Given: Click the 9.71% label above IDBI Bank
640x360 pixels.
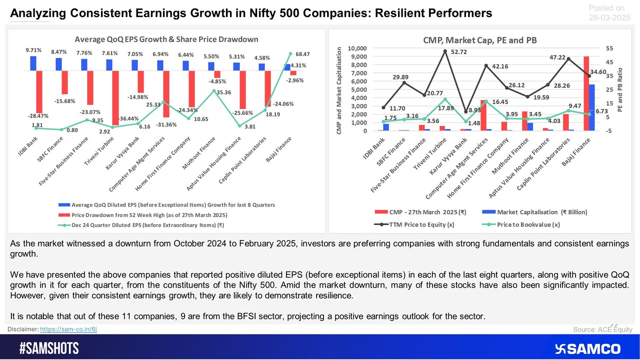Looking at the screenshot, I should point(33,50).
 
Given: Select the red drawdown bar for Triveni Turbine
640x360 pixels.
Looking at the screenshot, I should point(115,97).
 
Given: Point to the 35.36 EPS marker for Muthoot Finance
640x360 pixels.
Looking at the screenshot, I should point(214,91).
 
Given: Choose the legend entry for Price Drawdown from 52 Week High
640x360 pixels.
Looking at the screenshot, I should point(149,214).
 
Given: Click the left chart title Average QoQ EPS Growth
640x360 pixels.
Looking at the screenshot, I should point(166,39).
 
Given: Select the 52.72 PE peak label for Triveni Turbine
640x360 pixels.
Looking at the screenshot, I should point(460,52).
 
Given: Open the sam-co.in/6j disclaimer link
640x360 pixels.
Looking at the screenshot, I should point(68,329).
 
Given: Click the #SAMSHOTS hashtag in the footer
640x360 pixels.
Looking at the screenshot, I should point(49,348).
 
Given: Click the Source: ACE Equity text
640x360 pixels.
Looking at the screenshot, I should point(603,329).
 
